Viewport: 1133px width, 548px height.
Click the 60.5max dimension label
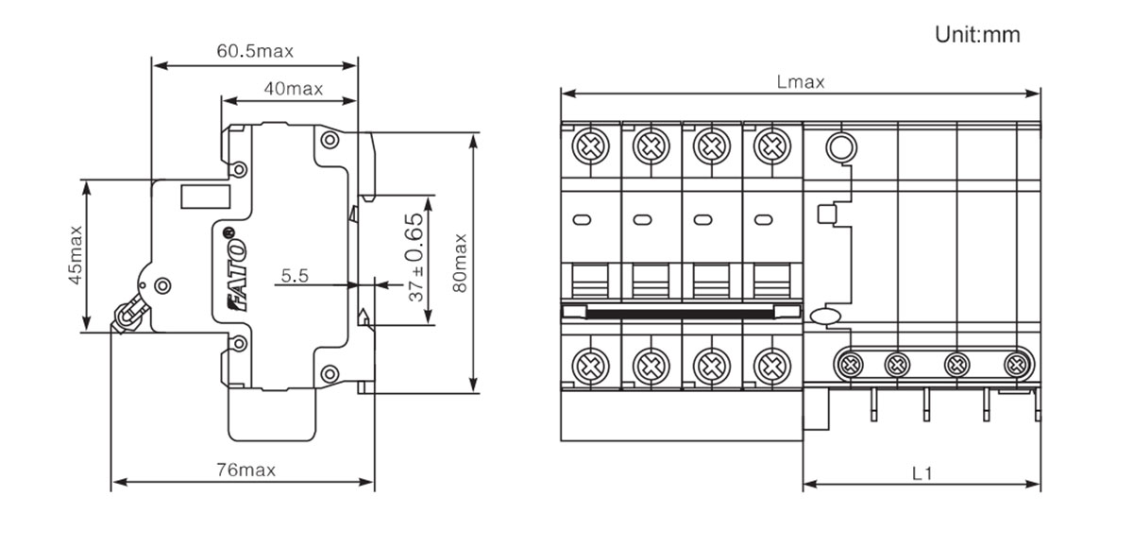(x=255, y=51)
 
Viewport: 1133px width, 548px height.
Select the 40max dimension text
(x=294, y=89)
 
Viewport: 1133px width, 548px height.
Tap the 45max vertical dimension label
(x=75, y=255)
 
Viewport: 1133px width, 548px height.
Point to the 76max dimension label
(x=245, y=470)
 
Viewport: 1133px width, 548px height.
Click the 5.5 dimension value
(x=295, y=277)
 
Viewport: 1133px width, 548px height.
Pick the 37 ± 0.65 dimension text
(x=416, y=258)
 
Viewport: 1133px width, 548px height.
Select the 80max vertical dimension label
(x=460, y=262)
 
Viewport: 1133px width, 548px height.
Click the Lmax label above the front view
(x=800, y=81)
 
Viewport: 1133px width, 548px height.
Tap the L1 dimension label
(x=922, y=472)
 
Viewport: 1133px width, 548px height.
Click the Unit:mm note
(x=977, y=35)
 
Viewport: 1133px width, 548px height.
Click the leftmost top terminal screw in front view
(x=591, y=146)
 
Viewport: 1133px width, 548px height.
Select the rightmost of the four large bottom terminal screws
(x=772, y=364)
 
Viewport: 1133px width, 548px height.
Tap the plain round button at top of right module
(x=839, y=146)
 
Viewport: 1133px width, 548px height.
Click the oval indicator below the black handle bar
(x=825, y=317)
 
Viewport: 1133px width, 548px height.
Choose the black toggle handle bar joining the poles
(x=680, y=311)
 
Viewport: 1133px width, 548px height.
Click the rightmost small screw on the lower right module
(x=1016, y=363)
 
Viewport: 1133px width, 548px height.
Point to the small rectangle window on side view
(x=206, y=197)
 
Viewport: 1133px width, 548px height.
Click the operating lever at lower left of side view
(x=130, y=312)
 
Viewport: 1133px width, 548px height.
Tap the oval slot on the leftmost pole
(x=582, y=220)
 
